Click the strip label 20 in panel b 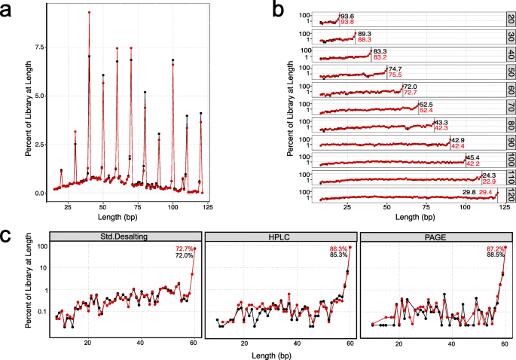510,18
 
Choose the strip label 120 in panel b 510,195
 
